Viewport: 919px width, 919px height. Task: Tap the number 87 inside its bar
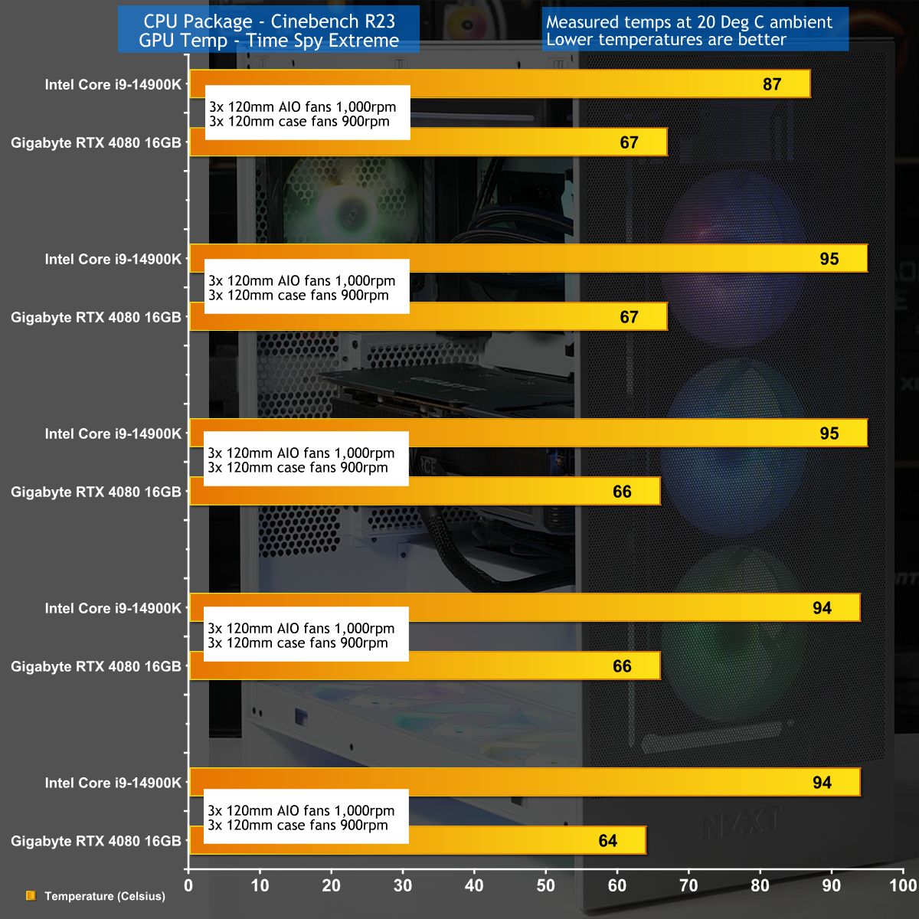click(x=772, y=84)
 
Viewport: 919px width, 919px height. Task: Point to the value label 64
click(x=608, y=841)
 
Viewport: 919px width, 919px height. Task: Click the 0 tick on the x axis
click(x=188, y=886)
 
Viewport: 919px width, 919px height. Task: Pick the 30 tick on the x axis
click(x=403, y=886)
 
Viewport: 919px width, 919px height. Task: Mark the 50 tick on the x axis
click(x=545, y=886)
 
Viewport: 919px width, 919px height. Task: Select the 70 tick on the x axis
click(x=688, y=886)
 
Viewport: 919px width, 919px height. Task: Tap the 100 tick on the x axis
click(x=903, y=886)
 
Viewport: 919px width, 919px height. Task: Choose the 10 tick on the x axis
click(x=260, y=886)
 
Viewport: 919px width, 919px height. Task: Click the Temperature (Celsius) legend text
click(x=105, y=896)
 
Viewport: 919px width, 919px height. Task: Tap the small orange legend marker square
click(x=31, y=895)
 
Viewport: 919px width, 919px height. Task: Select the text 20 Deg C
click(x=731, y=22)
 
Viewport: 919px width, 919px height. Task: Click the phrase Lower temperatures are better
click(x=666, y=40)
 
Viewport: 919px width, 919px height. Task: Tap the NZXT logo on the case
click(x=741, y=823)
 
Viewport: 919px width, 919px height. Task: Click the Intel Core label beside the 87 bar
click(x=113, y=84)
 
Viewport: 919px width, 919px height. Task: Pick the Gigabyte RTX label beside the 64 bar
click(x=96, y=841)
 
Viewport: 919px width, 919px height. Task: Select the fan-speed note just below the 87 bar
click(x=306, y=113)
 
